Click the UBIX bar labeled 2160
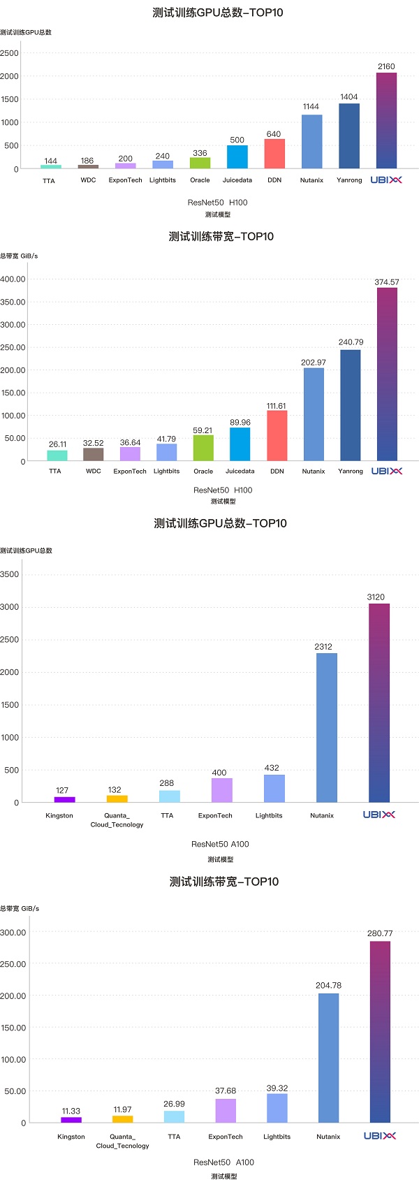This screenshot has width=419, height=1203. click(x=386, y=120)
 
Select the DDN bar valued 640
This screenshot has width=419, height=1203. click(x=274, y=154)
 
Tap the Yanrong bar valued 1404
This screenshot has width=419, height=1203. click(x=349, y=136)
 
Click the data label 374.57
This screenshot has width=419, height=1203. click(x=387, y=282)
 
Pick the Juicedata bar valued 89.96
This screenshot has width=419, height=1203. click(x=240, y=444)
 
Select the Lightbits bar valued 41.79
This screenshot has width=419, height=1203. click(x=166, y=452)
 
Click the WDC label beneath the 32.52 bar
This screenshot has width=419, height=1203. click(x=93, y=471)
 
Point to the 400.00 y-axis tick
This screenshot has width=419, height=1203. click(x=13, y=279)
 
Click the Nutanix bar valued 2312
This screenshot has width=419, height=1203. click(x=326, y=727)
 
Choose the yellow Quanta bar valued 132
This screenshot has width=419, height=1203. click(x=117, y=799)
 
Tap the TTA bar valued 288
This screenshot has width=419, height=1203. click(x=169, y=796)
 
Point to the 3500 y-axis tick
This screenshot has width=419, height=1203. click(x=10, y=574)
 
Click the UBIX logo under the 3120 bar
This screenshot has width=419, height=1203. click(x=379, y=815)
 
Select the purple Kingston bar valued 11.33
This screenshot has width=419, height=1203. click(x=71, y=1120)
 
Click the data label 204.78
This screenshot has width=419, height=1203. click(x=328, y=986)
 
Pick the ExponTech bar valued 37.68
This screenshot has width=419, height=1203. click(x=226, y=1111)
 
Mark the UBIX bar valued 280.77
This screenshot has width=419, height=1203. click(x=380, y=1032)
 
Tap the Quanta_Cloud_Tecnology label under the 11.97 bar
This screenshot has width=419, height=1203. click(x=122, y=1141)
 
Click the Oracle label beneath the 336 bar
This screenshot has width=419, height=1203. click(x=200, y=180)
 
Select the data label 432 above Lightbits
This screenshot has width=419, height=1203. click(x=272, y=768)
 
